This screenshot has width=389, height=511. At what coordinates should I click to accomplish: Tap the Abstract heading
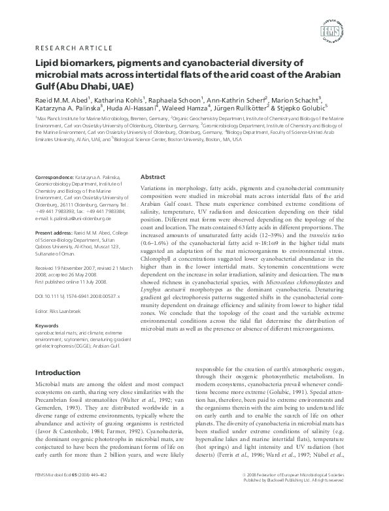[153, 176]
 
